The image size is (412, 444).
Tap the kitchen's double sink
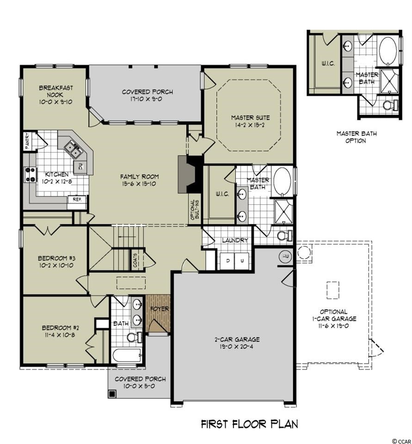click(x=73, y=149)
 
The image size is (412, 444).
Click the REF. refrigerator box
click(x=77, y=199)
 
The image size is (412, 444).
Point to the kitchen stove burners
click(x=30, y=174)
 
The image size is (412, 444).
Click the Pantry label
click(x=27, y=141)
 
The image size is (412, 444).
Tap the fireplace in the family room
click(x=190, y=174)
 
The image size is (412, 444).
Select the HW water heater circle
click(x=285, y=257)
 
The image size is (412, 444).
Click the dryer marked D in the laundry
click(x=228, y=261)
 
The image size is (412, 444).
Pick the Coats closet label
click(x=135, y=260)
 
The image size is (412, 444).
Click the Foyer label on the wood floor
click(x=160, y=308)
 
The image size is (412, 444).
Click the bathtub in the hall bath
click(x=127, y=356)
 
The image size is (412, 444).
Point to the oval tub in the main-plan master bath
click(x=282, y=181)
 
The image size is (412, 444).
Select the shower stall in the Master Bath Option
click(x=390, y=81)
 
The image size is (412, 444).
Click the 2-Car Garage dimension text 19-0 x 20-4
click(x=237, y=346)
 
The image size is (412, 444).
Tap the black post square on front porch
click(x=112, y=394)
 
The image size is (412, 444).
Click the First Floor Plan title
click(x=249, y=424)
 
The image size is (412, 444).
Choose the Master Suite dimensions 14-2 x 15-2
click(x=250, y=125)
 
